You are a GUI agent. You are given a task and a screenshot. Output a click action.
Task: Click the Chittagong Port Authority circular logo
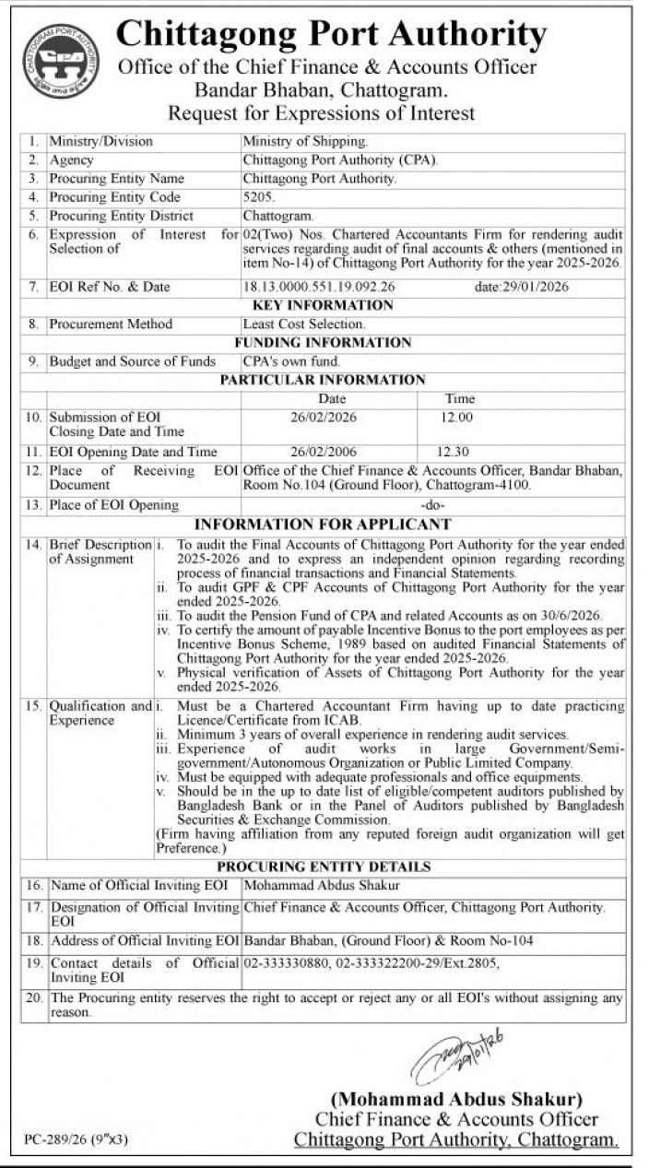[x=61, y=61]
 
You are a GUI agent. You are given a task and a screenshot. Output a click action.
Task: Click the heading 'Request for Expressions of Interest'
[x=321, y=113]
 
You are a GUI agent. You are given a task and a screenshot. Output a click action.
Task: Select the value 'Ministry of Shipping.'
[x=305, y=142]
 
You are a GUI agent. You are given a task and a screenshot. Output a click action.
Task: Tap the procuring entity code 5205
[x=258, y=197]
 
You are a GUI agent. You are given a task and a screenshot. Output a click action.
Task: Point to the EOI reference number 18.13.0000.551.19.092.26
[x=319, y=287]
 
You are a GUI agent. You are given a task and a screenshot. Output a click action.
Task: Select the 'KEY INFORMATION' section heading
[x=322, y=305]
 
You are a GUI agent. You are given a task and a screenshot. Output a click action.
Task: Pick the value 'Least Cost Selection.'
[x=303, y=324]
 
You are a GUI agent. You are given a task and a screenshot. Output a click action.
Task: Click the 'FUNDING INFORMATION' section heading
[x=322, y=343]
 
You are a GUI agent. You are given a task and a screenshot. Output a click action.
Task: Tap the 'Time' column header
[x=460, y=398]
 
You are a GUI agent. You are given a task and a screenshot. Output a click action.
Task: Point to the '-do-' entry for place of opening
[x=432, y=505]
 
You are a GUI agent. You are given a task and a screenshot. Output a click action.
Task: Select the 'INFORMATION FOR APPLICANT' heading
[x=322, y=524]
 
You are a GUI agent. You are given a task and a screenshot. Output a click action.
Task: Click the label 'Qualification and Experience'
[x=100, y=713]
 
